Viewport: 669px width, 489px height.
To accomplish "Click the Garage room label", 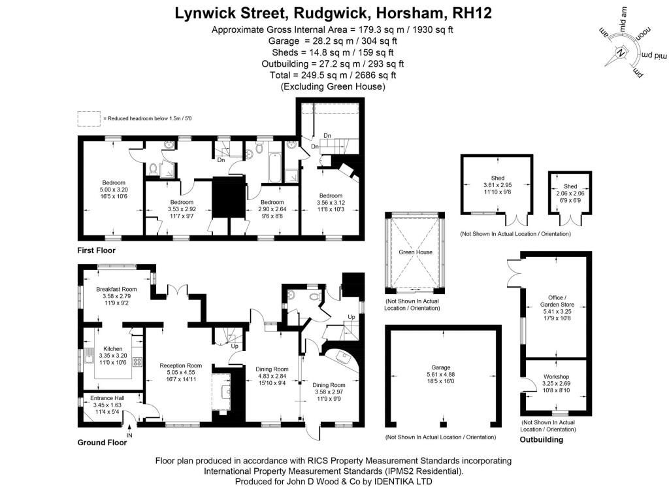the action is pyautogui.click(x=441, y=367).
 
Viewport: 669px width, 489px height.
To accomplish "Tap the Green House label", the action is pyautogui.click(x=416, y=252).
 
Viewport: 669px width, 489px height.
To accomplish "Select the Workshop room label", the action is pyautogui.click(x=556, y=377).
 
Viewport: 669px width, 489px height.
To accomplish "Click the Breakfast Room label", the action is pyautogui.click(x=116, y=289).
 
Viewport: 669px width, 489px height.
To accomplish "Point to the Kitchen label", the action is pyautogui.click(x=112, y=349).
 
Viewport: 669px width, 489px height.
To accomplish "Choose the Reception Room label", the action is pyautogui.click(x=181, y=365).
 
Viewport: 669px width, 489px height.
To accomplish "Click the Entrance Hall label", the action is pyautogui.click(x=108, y=398).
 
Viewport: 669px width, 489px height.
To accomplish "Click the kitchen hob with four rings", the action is pyautogui.click(x=137, y=362).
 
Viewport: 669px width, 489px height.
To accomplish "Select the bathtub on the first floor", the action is pyautogui.click(x=275, y=167).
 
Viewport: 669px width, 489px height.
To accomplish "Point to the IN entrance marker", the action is pyautogui.click(x=129, y=435).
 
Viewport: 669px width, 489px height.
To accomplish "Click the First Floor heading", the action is pyautogui.click(x=97, y=250).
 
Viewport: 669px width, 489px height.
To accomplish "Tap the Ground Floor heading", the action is pyautogui.click(x=102, y=443).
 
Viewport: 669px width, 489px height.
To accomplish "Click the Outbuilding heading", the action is pyautogui.click(x=542, y=439).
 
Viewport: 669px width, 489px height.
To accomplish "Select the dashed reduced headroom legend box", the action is pyautogui.click(x=89, y=119).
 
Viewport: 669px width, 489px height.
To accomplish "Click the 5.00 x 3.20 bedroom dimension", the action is pyautogui.click(x=114, y=190).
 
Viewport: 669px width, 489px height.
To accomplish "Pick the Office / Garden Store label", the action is pyautogui.click(x=557, y=301).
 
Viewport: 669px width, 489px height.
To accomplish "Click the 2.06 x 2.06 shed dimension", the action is pyautogui.click(x=570, y=194).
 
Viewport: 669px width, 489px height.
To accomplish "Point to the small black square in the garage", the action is pyautogui.click(x=444, y=424).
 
